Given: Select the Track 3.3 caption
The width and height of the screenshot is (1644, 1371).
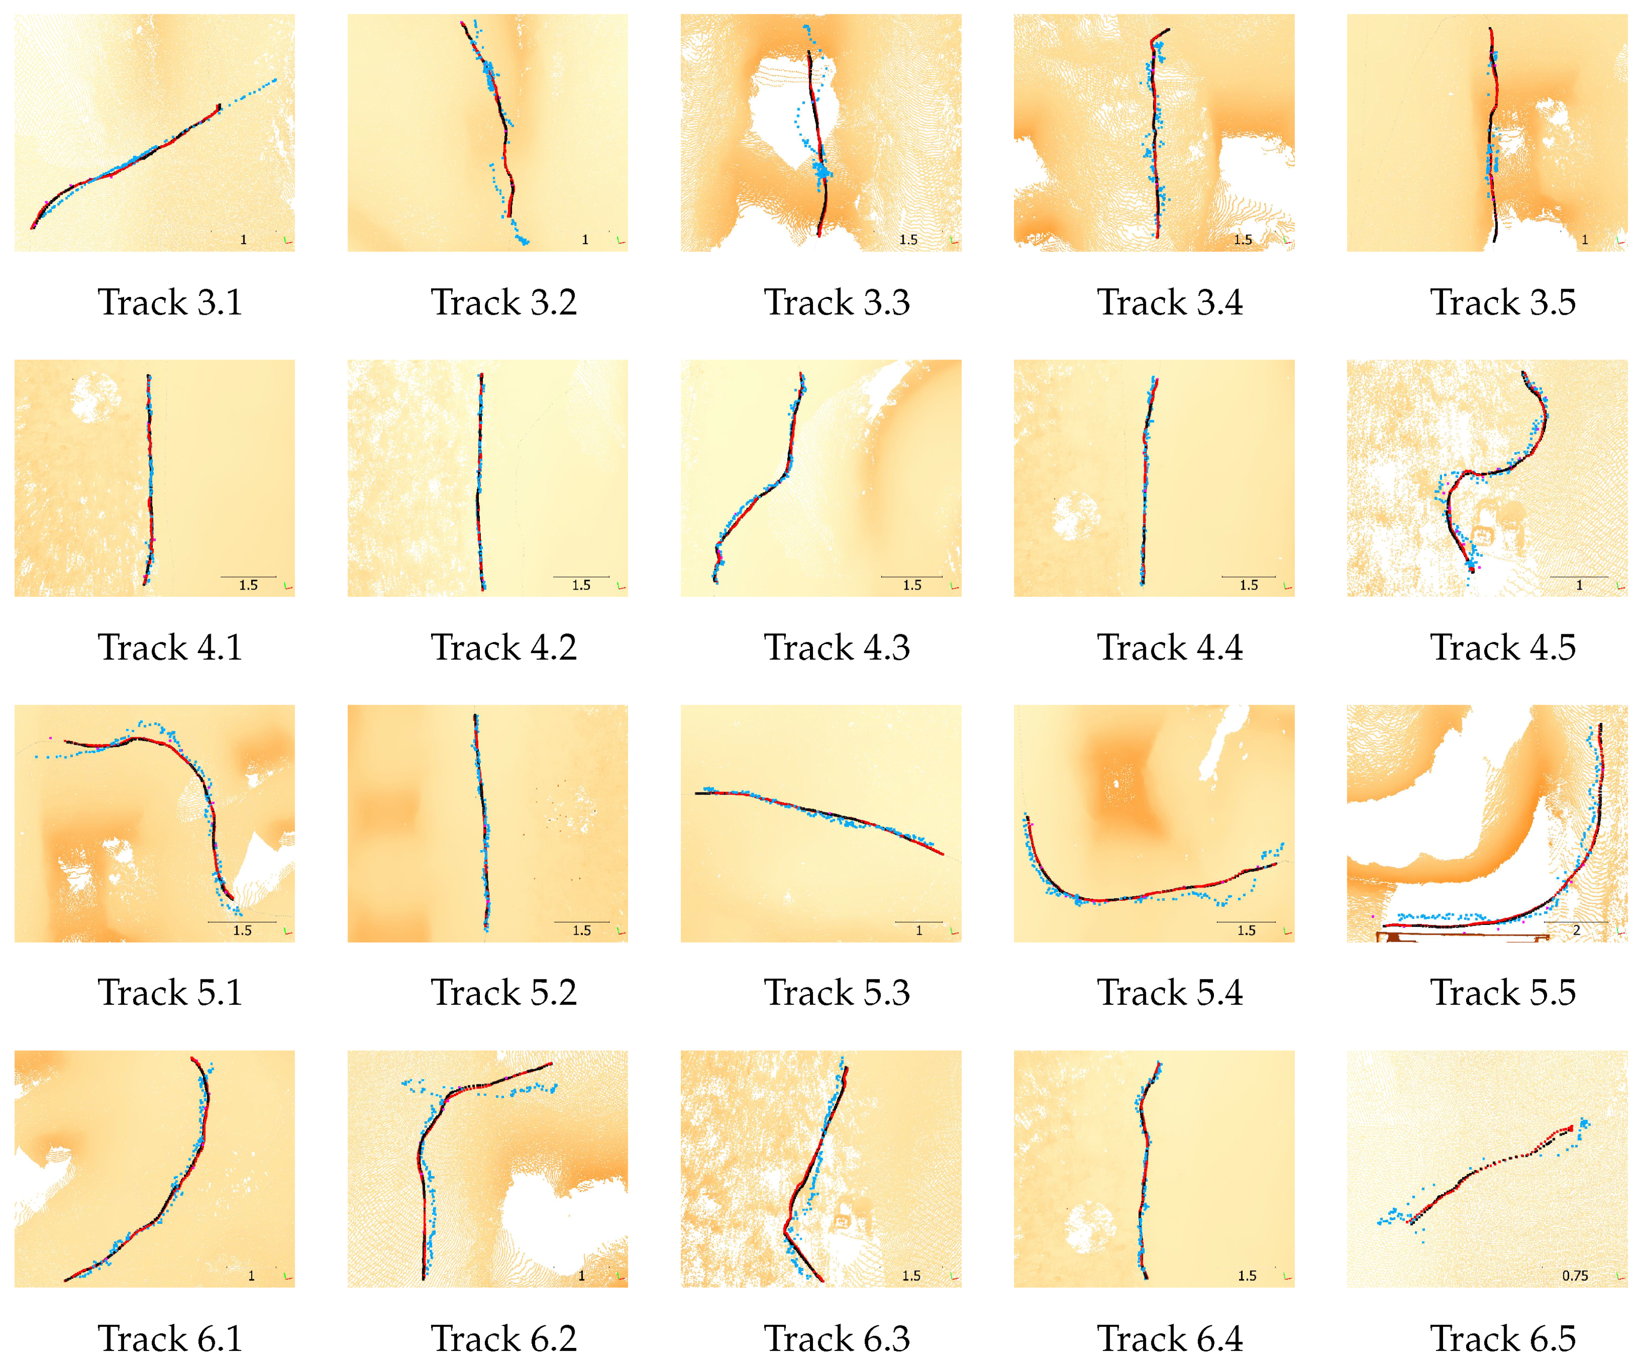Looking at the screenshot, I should (x=837, y=303).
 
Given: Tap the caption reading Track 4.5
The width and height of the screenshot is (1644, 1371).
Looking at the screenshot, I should (x=1503, y=648).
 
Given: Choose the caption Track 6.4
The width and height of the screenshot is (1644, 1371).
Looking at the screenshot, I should (x=1170, y=1339).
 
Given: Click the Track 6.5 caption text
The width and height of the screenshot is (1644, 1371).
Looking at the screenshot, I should (x=1503, y=1339).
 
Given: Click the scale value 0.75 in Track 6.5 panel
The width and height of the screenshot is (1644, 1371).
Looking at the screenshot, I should (x=1575, y=1276).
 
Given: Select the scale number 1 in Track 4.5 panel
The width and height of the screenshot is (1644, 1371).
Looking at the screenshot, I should (x=1579, y=586).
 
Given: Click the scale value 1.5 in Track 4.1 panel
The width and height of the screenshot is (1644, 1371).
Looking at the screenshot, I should (x=248, y=586).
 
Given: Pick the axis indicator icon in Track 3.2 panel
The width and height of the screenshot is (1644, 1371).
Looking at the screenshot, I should (x=621, y=240).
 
